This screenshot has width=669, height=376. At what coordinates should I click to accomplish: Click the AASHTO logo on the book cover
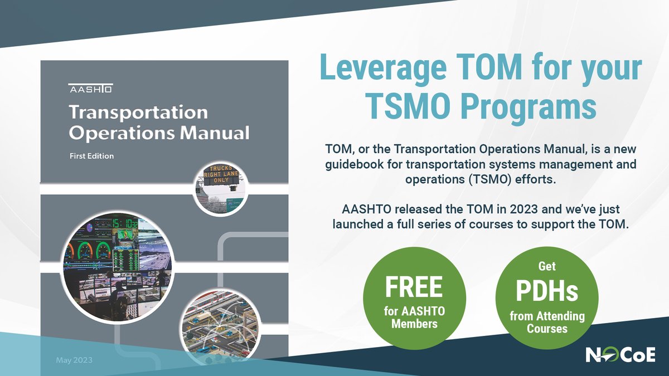(90, 89)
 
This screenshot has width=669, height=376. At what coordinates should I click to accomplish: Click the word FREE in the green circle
(414, 287)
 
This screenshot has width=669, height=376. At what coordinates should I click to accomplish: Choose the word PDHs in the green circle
(546, 291)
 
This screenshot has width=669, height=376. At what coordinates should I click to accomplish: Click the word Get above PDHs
(547, 266)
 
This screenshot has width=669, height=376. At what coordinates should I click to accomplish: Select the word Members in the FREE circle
(414, 324)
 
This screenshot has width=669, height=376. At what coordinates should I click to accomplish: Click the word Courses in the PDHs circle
(547, 328)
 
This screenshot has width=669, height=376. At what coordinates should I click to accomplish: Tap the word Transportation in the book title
(138, 113)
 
